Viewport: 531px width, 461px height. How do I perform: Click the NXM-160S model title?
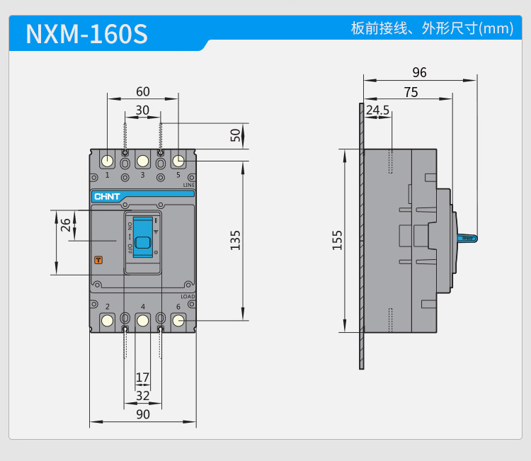[x=86, y=34]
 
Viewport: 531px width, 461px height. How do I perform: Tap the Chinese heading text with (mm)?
[x=432, y=29]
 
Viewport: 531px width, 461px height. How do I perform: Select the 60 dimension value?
[x=142, y=91]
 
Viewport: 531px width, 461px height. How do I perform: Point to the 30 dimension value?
[x=142, y=110]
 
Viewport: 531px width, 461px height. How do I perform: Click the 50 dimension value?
[x=235, y=135]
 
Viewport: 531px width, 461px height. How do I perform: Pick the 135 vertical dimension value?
[x=235, y=239]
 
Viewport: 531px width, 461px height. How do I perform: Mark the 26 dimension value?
[x=65, y=225]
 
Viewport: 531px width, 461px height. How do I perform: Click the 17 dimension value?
[x=142, y=377]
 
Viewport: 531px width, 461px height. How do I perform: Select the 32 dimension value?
[x=142, y=395]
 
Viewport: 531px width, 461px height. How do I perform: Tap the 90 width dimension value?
[x=142, y=414]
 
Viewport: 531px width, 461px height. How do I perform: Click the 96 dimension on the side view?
[x=419, y=73]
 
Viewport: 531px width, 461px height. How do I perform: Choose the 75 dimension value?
[x=411, y=92]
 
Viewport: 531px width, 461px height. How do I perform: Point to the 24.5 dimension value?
[x=377, y=110]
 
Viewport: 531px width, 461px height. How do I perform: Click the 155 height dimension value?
[x=337, y=239]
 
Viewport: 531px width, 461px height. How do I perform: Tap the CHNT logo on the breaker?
[x=107, y=197]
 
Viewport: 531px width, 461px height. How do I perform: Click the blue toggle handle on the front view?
[x=143, y=241]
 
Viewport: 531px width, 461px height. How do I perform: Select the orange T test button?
[x=98, y=260]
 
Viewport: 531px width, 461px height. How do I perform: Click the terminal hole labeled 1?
[x=107, y=161]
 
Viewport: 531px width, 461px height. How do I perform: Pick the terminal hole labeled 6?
[x=178, y=321]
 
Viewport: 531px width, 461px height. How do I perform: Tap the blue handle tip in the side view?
[x=469, y=239]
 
